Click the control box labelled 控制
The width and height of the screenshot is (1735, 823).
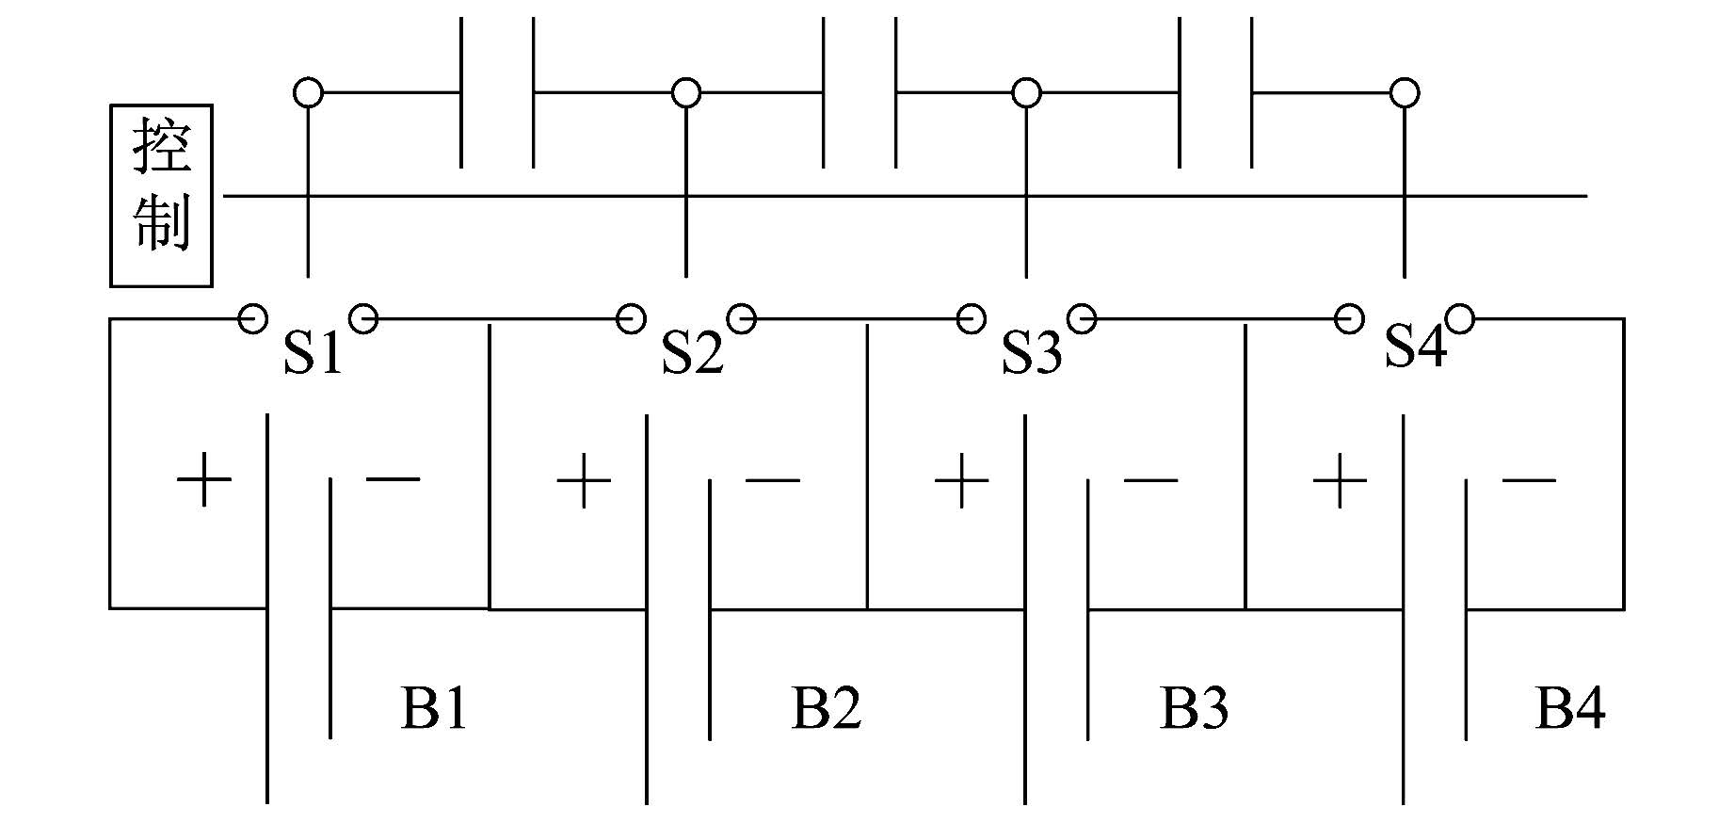[161, 195]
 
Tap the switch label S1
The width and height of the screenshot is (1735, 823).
[313, 354]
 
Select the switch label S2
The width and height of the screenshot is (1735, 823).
[692, 354]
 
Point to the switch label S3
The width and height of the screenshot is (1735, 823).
[1031, 354]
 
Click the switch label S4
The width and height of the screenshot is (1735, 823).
[1415, 346]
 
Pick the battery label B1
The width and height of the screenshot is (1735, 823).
[434, 708]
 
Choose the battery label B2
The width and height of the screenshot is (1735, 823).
[827, 708]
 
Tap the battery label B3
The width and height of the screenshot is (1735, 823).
[1194, 708]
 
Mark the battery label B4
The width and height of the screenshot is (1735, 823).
[1570, 708]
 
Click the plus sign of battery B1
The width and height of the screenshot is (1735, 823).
[204, 480]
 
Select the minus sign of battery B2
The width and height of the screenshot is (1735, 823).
[772, 480]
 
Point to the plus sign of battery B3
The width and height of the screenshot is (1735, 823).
[961, 480]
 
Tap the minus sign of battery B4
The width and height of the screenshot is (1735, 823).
[1529, 480]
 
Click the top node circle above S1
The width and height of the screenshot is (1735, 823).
[308, 93]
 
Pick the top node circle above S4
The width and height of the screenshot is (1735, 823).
[1405, 93]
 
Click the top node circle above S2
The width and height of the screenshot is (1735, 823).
[686, 93]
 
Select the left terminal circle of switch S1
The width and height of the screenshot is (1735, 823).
[252, 319]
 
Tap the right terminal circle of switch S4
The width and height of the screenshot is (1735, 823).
[1459, 319]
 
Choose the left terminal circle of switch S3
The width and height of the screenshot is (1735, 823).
[971, 319]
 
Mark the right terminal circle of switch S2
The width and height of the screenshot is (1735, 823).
[742, 319]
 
